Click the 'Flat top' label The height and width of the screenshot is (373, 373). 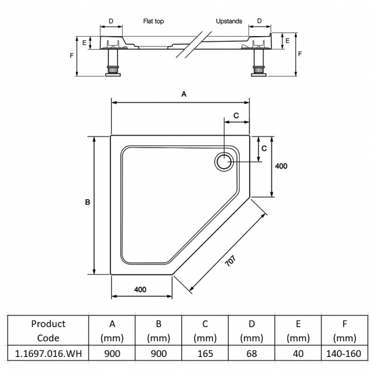click(x=153, y=21)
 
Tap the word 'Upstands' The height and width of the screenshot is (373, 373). click(x=229, y=21)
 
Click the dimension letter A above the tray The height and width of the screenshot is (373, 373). click(x=184, y=94)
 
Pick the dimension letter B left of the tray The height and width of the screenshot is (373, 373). click(x=87, y=202)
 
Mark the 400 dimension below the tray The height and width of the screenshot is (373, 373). click(x=140, y=289)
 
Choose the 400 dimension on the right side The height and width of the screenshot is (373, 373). click(x=281, y=166)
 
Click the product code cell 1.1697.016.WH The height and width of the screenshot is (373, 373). click(x=48, y=353)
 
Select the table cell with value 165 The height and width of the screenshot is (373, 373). click(x=205, y=353)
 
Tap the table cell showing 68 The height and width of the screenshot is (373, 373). click(x=252, y=353)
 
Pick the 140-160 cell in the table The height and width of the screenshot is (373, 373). click(x=344, y=353)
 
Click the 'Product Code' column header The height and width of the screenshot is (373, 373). click(x=48, y=331)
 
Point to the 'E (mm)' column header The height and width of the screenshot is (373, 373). click(x=298, y=331)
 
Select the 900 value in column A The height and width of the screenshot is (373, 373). click(x=112, y=353)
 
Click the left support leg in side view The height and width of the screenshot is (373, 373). click(x=113, y=62)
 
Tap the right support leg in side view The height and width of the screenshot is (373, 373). click(x=258, y=62)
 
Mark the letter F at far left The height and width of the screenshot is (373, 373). click(x=71, y=56)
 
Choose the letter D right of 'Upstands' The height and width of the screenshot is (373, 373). click(x=259, y=21)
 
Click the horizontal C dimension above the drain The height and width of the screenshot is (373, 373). click(x=236, y=115)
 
